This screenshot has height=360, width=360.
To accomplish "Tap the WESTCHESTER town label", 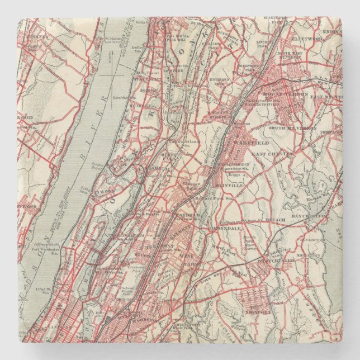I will click(x=276, y=260).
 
